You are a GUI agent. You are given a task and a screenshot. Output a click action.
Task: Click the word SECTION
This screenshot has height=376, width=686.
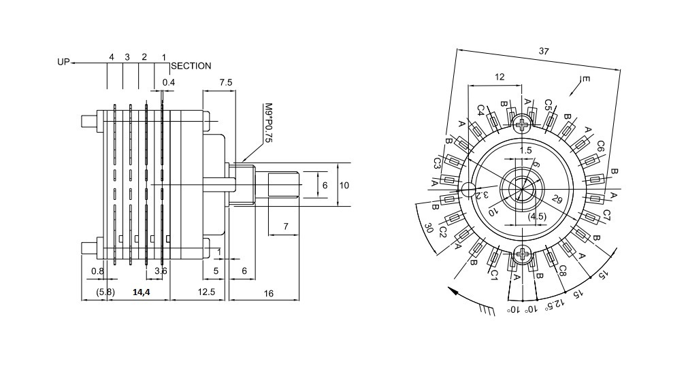pos(191,66)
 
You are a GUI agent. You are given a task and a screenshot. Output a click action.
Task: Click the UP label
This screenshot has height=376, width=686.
pos(64,62)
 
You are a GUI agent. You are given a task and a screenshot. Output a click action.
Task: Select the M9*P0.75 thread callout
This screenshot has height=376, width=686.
pos(268,123)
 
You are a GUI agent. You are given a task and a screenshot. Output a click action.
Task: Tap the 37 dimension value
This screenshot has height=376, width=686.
pos(544,51)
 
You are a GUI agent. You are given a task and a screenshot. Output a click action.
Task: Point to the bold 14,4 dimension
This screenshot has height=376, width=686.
pos(141,292)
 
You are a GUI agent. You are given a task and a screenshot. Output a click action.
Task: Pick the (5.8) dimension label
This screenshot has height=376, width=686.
pos(105,292)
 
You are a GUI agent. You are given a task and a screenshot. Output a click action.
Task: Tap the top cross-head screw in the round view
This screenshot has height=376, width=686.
pos(522,124)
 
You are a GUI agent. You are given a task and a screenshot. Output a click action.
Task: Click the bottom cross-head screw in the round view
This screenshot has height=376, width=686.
pos(522,256)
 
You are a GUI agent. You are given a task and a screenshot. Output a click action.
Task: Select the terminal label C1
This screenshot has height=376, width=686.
pos(494,275)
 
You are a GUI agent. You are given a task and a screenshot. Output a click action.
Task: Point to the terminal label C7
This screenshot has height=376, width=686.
pos(606,216)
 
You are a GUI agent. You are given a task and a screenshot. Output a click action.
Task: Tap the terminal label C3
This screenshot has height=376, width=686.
pos(437,163)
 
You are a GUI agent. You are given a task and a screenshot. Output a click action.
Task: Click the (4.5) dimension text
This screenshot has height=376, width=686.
pos(538,217)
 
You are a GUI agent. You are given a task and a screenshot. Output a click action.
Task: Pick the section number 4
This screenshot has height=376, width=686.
pos(111,56)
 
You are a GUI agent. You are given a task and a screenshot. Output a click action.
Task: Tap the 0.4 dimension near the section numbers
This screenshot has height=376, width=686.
pos(168,82)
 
